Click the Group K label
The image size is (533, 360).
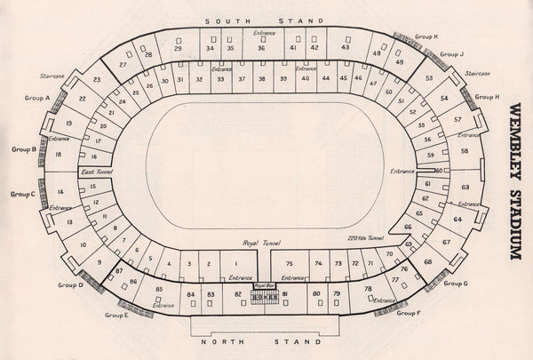pyautogui.click(x=424, y=36)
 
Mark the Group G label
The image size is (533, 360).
pyautogui.click(x=456, y=284)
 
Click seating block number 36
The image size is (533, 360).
pyautogui.click(x=261, y=48)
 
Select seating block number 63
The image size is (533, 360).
pyautogui.click(x=465, y=188)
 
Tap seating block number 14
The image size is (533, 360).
pyautogui.click(x=60, y=192)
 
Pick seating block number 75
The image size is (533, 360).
pyautogui.click(x=289, y=264)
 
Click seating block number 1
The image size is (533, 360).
pyautogui.click(x=235, y=264)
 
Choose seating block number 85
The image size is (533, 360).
pyautogui.click(x=159, y=290)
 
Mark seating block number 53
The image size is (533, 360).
pyautogui.click(x=428, y=78)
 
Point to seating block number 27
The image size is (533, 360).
pyautogui.click(x=123, y=65)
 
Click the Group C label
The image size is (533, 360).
pyautogui.click(x=22, y=194)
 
